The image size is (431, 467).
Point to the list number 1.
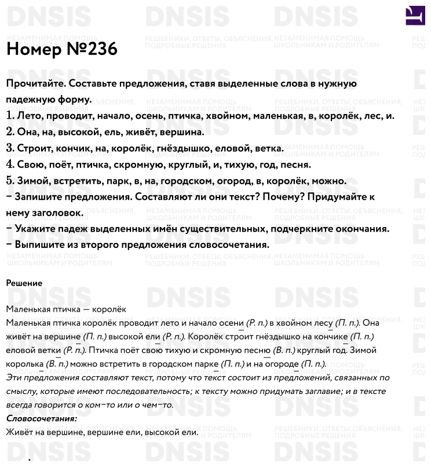click(x=10, y=116)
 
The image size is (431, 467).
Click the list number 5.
click(x=10, y=181)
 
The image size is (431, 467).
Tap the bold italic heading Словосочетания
click(x=41, y=418)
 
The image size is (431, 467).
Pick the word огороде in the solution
click(x=283, y=364)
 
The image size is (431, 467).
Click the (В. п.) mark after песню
click(x=284, y=351)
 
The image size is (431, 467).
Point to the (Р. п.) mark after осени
click(x=256, y=323)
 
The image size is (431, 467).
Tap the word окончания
click(x=359, y=229)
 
